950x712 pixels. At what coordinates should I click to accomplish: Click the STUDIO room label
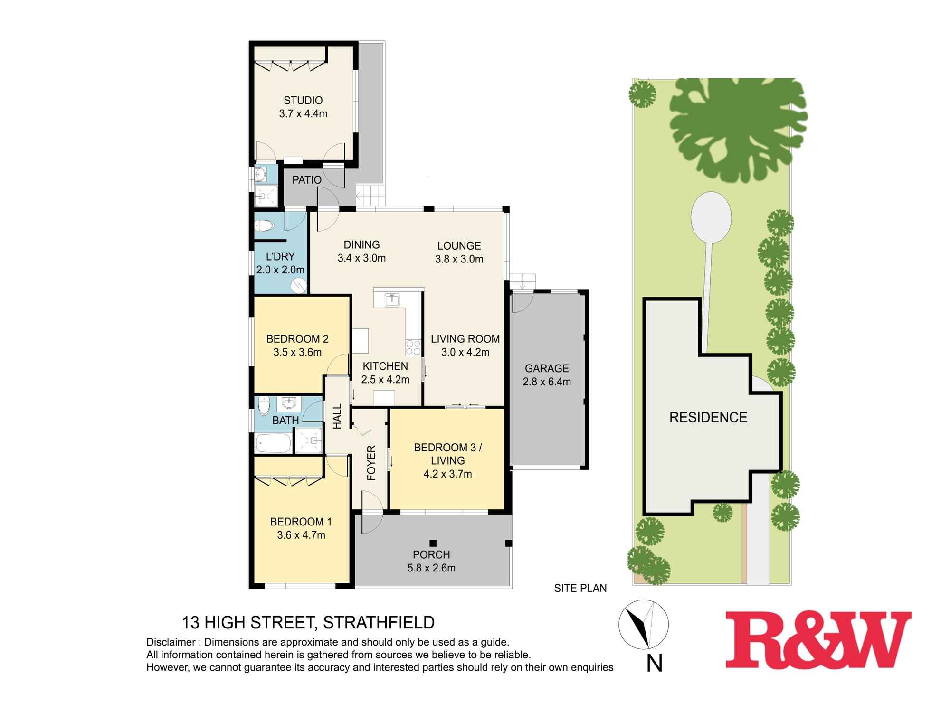click(303, 100)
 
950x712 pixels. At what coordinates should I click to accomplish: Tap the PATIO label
click(306, 180)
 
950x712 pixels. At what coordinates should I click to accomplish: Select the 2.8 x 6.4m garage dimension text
click(547, 382)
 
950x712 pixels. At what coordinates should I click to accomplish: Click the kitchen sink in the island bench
click(392, 300)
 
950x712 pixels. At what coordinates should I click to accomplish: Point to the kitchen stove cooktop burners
click(413, 347)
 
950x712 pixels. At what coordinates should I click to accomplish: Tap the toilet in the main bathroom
click(264, 406)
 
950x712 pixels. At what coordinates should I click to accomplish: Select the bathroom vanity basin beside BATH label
click(288, 403)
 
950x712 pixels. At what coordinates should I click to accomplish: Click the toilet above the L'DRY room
click(264, 225)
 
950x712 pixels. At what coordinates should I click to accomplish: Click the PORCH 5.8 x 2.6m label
click(431, 561)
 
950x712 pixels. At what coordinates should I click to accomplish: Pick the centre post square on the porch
click(432, 543)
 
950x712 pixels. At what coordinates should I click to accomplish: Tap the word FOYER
click(371, 462)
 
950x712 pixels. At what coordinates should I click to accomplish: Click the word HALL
click(337, 416)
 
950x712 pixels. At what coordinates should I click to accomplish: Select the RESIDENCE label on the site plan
click(708, 417)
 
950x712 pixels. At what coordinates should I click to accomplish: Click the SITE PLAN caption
click(580, 588)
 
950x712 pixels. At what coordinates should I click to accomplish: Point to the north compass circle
click(643, 625)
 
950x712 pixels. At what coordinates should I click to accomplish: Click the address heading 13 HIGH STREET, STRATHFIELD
click(308, 622)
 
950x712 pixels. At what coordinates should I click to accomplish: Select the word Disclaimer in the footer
click(171, 642)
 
